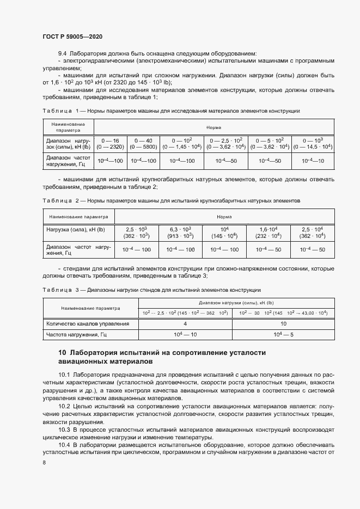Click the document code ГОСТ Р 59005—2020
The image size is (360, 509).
coord(72,36)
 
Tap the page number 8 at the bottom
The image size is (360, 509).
coord(44,463)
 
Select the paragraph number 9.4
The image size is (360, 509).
coord(62,53)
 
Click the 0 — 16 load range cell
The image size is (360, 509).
coord(110,143)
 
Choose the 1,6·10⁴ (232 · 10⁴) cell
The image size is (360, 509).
coord(269,232)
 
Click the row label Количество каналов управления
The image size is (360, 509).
coord(88,323)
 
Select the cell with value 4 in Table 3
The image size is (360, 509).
coord(185,323)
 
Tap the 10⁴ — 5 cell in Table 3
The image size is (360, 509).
coord(284,334)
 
